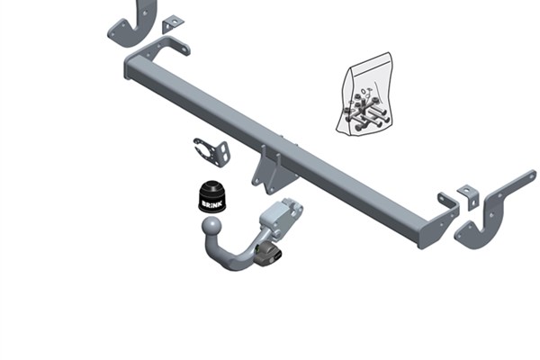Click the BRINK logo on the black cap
coord(212,204)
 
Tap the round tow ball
coord(211,226)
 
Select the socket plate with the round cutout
coord(211,152)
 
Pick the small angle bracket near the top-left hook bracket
coord(172,24)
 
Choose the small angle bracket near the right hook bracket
coord(469,197)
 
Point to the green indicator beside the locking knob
coord(257,248)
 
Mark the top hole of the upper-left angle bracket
coord(175,22)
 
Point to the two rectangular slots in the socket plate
coord(225,152)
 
